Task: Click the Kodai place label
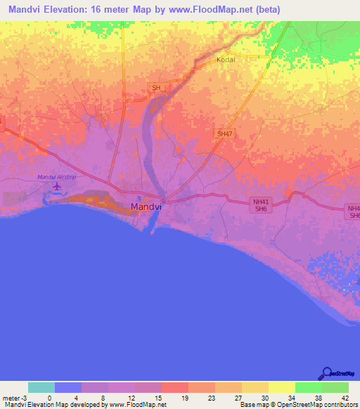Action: click(x=225, y=60)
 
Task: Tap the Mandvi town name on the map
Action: click(x=147, y=207)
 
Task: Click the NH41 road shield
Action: click(x=261, y=202)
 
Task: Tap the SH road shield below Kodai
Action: click(x=155, y=88)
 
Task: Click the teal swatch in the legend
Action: click(x=41, y=387)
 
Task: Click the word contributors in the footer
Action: click(x=340, y=405)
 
